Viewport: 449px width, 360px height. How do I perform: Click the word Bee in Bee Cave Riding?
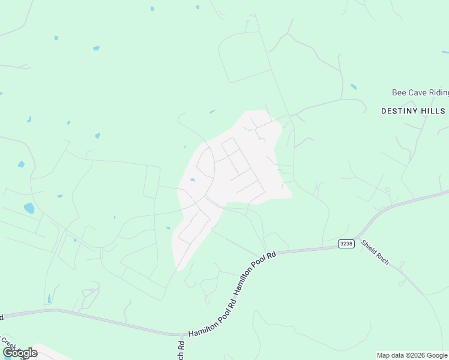click(399, 92)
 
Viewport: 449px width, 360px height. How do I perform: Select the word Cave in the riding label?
click(417, 92)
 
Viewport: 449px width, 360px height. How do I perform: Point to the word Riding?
click(439, 92)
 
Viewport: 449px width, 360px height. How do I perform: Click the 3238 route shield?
click(346, 243)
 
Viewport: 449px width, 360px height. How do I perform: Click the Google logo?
click(20, 353)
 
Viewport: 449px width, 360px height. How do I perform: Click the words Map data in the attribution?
click(391, 355)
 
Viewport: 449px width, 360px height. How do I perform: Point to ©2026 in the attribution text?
click(416, 355)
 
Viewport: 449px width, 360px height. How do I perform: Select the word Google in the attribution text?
click(437, 355)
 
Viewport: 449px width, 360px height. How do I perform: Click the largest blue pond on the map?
click(29, 208)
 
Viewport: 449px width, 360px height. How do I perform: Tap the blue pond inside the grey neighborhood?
click(192, 179)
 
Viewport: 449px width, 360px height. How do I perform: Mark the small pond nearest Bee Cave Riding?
click(354, 87)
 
